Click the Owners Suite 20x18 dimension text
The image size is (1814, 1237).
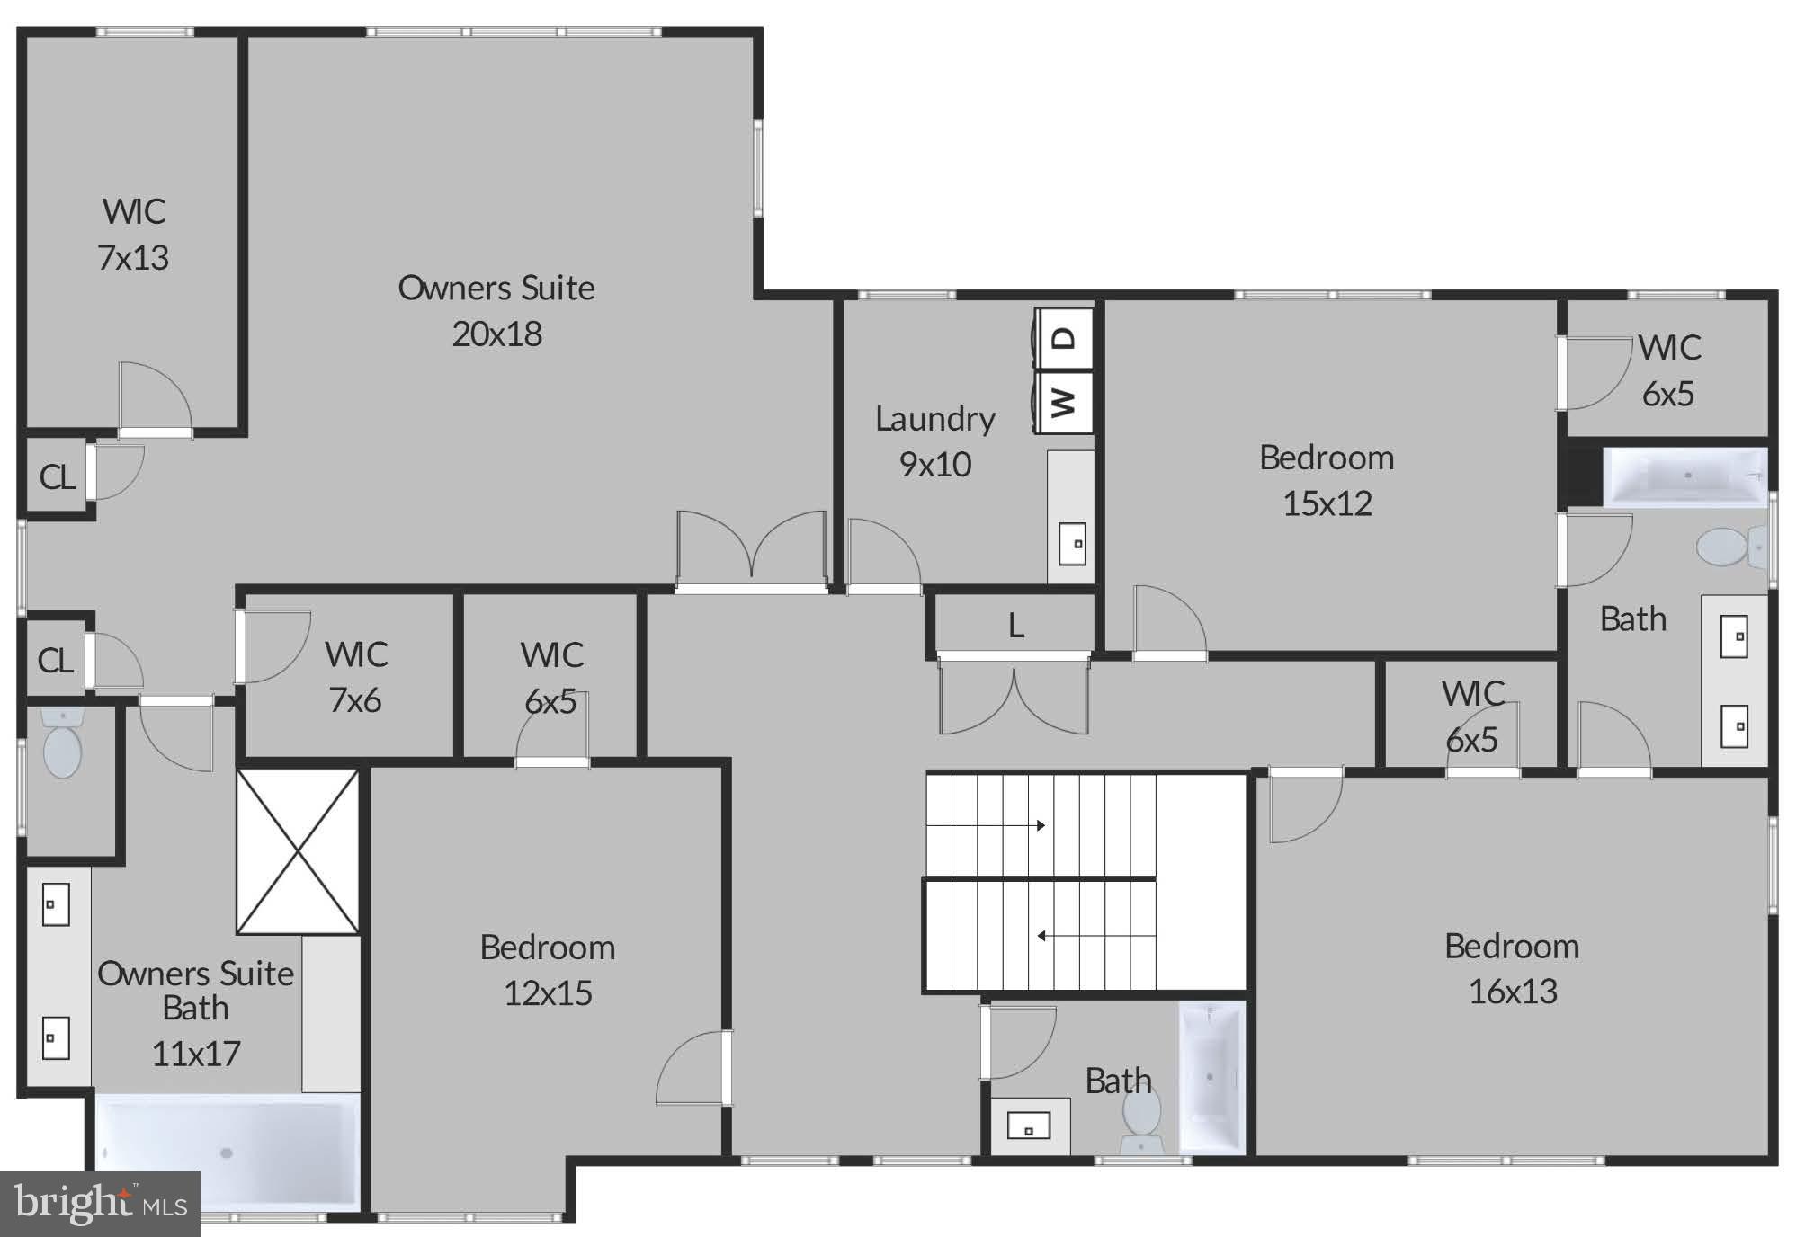coord(496,334)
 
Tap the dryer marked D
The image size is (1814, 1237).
coord(1064,339)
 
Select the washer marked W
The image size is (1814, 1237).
coord(1064,401)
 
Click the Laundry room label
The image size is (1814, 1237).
coord(935,419)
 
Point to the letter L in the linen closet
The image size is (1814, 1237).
coord(1015,626)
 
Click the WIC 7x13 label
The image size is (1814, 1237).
coord(133,235)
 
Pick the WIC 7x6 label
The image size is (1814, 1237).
coord(356,677)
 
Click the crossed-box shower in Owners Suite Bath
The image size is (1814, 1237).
coord(298,851)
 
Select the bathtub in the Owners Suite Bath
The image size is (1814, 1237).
coord(227,1152)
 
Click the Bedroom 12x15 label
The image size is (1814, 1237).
coord(547,970)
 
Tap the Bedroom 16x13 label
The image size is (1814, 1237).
coord(1512,969)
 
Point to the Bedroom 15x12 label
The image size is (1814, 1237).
coord(1327,480)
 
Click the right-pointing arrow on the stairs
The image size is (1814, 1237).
coord(1041,825)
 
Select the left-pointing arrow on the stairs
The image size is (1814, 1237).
coord(1041,936)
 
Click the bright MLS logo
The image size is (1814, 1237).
coord(100,1203)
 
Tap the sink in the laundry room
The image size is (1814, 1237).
coord(1072,543)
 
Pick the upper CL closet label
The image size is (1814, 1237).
coord(57,477)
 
